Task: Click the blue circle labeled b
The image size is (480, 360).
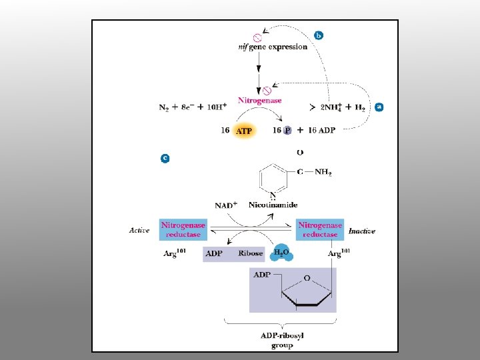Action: click(x=318, y=35)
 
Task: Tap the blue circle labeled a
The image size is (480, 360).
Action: click(x=379, y=106)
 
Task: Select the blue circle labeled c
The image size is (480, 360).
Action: click(x=165, y=158)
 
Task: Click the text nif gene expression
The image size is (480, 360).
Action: click(x=272, y=47)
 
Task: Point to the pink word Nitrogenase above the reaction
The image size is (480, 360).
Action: click(x=260, y=100)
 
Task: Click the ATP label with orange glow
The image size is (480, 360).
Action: click(x=244, y=131)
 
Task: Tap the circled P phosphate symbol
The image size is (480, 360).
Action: click(x=287, y=131)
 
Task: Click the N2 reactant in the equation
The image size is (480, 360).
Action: click(x=164, y=107)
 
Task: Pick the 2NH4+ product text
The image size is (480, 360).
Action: click(x=334, y=107)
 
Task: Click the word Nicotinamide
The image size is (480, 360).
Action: click(x=273, y=205)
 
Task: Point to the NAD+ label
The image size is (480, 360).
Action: click(x=226, y=205)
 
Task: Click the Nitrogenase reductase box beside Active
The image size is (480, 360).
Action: click(x=183, y=230)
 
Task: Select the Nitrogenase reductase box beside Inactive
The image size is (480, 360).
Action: click(x=320, y=230)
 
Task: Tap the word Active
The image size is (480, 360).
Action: click(x=139, y=231)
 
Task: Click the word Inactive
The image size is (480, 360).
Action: click(x=362, y=231)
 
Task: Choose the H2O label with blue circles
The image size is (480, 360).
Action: click(x=283, y=253)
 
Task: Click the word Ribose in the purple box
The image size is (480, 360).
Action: click(x=251, y=253)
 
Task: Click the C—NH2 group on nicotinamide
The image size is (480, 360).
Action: click(x=314, y=172)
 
